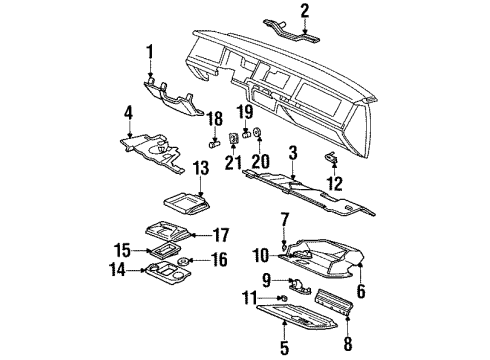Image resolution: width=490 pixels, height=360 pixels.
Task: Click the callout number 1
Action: click(x=150, y=52)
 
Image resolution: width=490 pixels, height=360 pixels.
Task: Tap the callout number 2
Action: click(x=304, y=11)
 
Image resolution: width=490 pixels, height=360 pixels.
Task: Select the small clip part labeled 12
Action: click(x=332, y=158)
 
